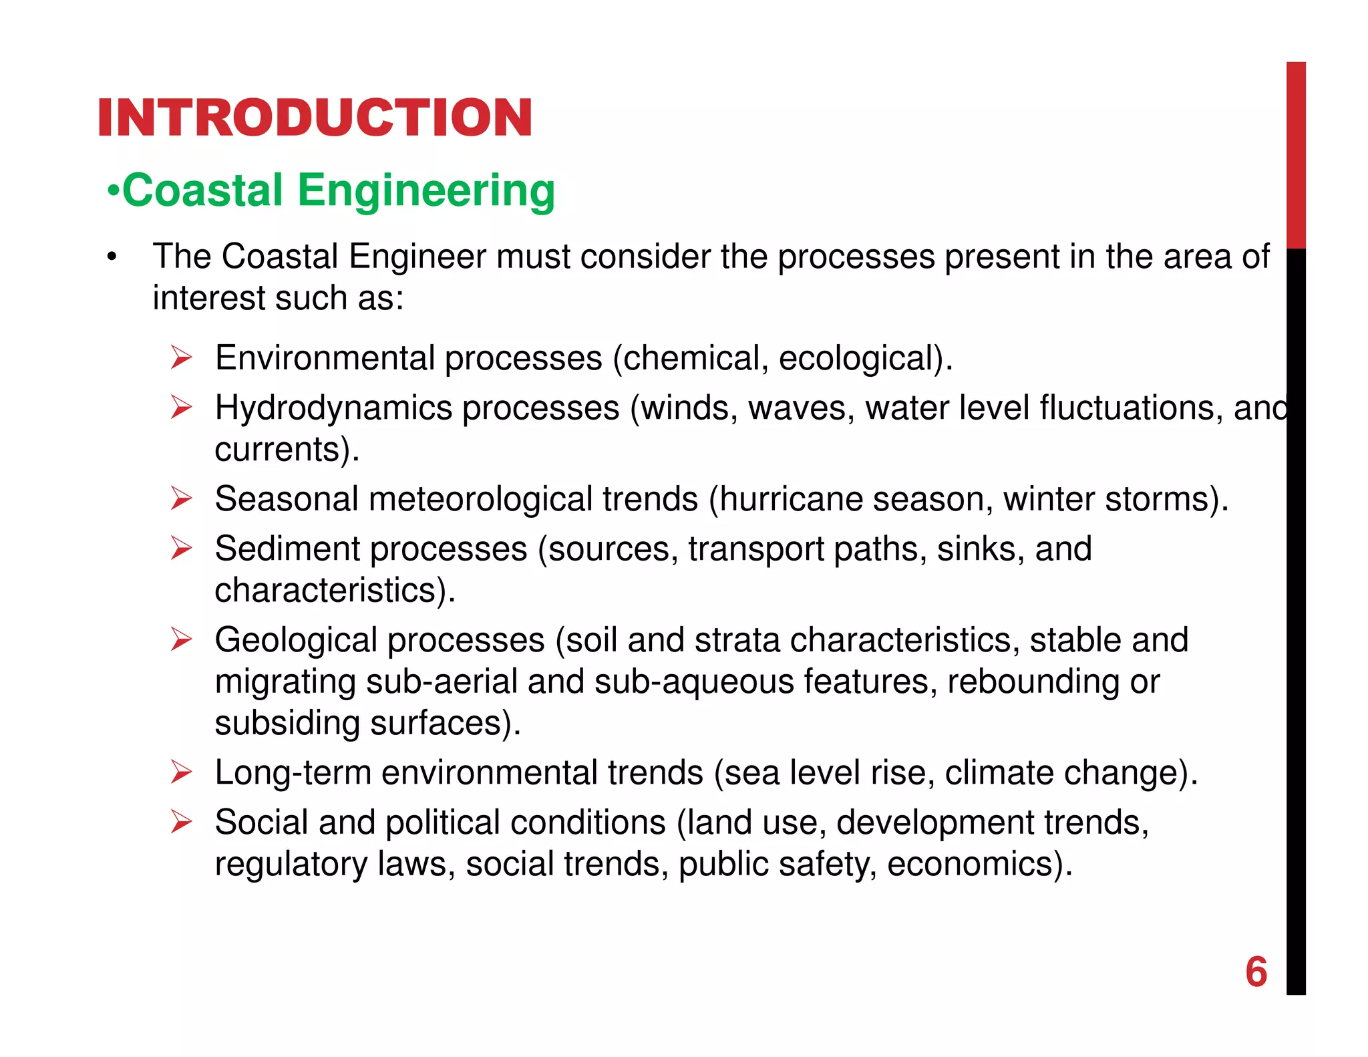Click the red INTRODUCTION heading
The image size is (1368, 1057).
click(315, 118)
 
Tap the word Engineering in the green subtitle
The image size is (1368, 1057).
click(425, 191)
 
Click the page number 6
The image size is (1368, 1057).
click(1256, 971)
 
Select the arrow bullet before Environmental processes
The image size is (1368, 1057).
click(181, 357)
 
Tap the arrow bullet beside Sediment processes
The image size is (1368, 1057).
click(181, 549)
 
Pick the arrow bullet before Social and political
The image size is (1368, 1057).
click(181, 822)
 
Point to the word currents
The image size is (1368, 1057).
click(277, 450)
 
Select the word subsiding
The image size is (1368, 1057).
click(287, 724)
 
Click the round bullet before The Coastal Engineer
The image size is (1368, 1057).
click(112, 257)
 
